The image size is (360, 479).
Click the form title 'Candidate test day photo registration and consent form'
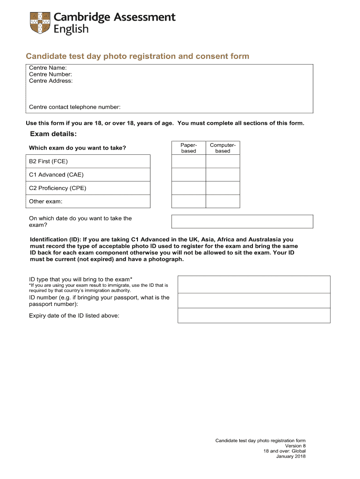(137, 57)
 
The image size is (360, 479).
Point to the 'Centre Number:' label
(50, 74)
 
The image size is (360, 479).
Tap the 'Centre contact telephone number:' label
(75, 107)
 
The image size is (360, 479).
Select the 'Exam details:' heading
(53, 134)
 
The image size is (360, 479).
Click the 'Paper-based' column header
(189, 148)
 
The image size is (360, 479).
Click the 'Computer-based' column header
(223, 148)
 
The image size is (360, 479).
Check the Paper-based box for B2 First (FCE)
(189, 161)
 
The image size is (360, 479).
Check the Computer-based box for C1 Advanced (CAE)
(223, 174)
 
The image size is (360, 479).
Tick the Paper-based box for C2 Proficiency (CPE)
(189, 188)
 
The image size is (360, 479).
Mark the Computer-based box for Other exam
(223, 201)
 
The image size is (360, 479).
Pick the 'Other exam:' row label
(46, 202)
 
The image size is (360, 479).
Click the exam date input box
(242, 221)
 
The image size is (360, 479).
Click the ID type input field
(254, 284)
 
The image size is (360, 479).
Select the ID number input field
(254, 300)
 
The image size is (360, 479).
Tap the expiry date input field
(254, 315)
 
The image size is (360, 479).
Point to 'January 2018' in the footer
(291, 457)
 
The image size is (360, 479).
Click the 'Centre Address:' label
(51, 80)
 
